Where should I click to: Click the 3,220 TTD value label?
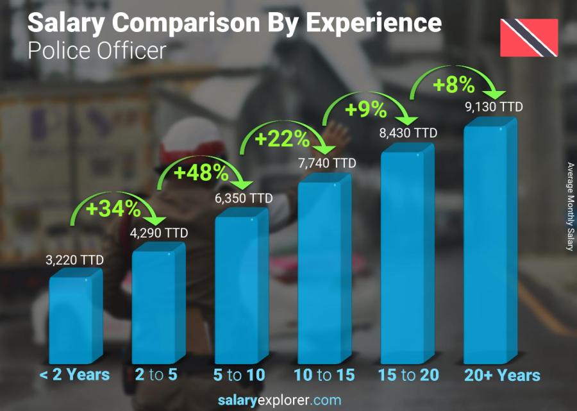point(74,260)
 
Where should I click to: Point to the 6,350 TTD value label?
point(244,197)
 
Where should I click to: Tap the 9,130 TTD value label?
point(494,106)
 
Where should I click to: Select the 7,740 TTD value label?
point(326,164)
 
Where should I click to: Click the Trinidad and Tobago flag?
point(529,37)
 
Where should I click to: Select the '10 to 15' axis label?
point(324,375)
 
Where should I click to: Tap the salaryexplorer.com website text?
point(288,401)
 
